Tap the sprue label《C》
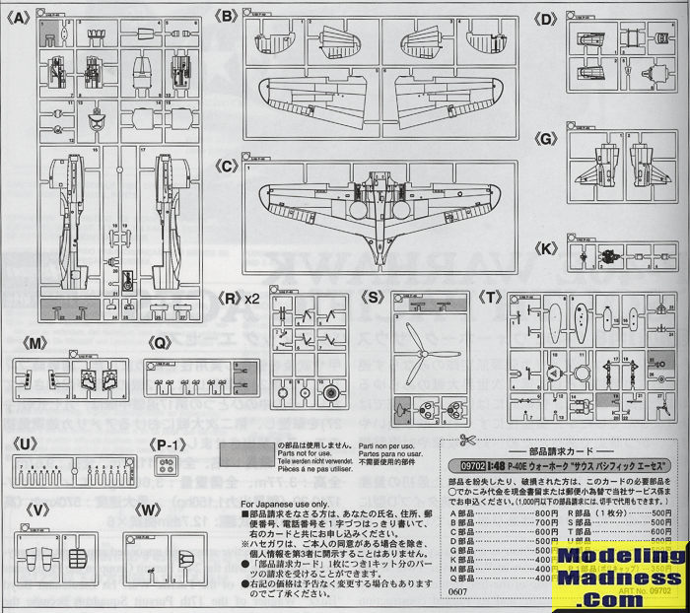tap(229, 167)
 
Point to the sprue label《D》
tap(546, 17)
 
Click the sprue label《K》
tap(546, 246)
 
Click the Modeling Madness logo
tap(618, 572)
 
